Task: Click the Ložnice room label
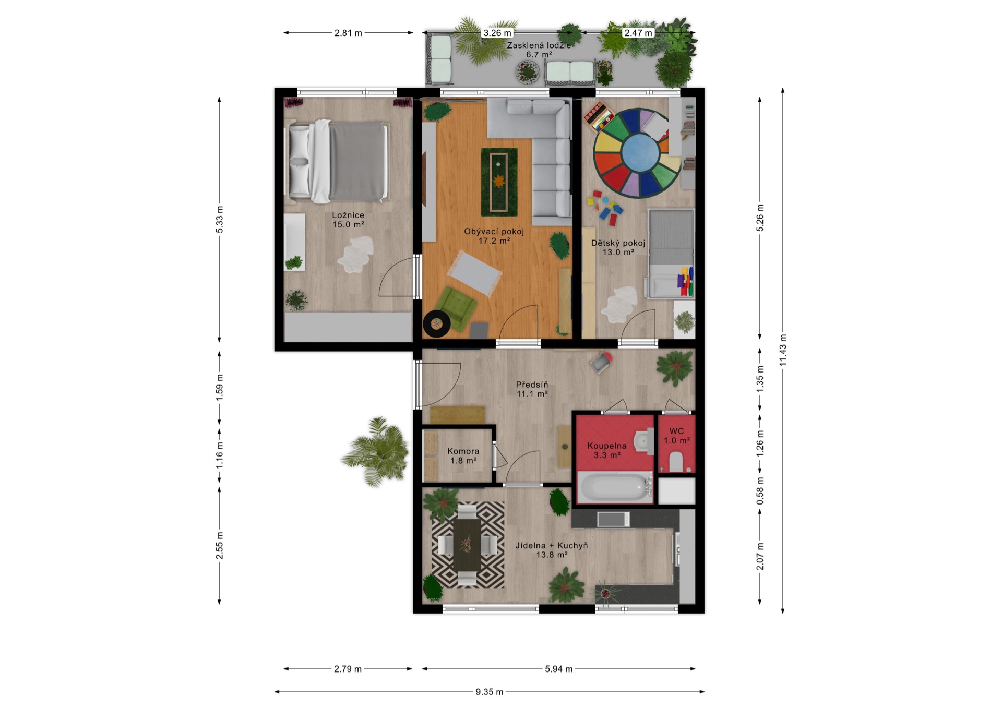[x=348, y=215]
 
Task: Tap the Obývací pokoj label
[x=494, y=232]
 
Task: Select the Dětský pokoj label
[x=618, y=243]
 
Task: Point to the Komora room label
[x=463, y=451]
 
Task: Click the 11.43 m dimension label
[x=783, y=350]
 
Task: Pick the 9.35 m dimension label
[x=489, y=692]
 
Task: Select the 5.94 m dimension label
[x=558, y=669]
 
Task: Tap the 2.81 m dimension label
[x=348, y=33]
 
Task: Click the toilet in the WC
[x=676, y=462]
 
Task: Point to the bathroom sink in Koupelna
[x=643, y=442]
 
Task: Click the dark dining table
[x=467, y=545]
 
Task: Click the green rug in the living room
[x=499, y=182]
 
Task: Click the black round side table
[x=436, y=324]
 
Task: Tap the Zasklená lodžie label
[x=539, y=45]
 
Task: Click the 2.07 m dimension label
[x=760, y=556]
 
